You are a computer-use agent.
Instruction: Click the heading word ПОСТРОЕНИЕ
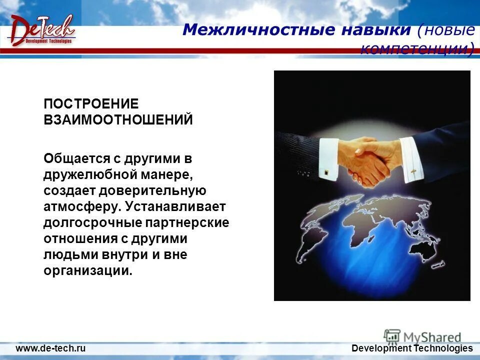[90, 104]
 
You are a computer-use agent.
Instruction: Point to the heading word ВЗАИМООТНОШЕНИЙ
[118, 120]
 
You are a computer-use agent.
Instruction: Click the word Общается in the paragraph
[76, 158]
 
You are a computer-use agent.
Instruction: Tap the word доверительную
[152, 190]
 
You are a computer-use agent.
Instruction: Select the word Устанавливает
[176, 206]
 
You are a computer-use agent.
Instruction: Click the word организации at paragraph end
[88, 271]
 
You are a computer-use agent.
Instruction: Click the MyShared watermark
[423, 337]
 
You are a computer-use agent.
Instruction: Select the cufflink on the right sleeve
[413, 171]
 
